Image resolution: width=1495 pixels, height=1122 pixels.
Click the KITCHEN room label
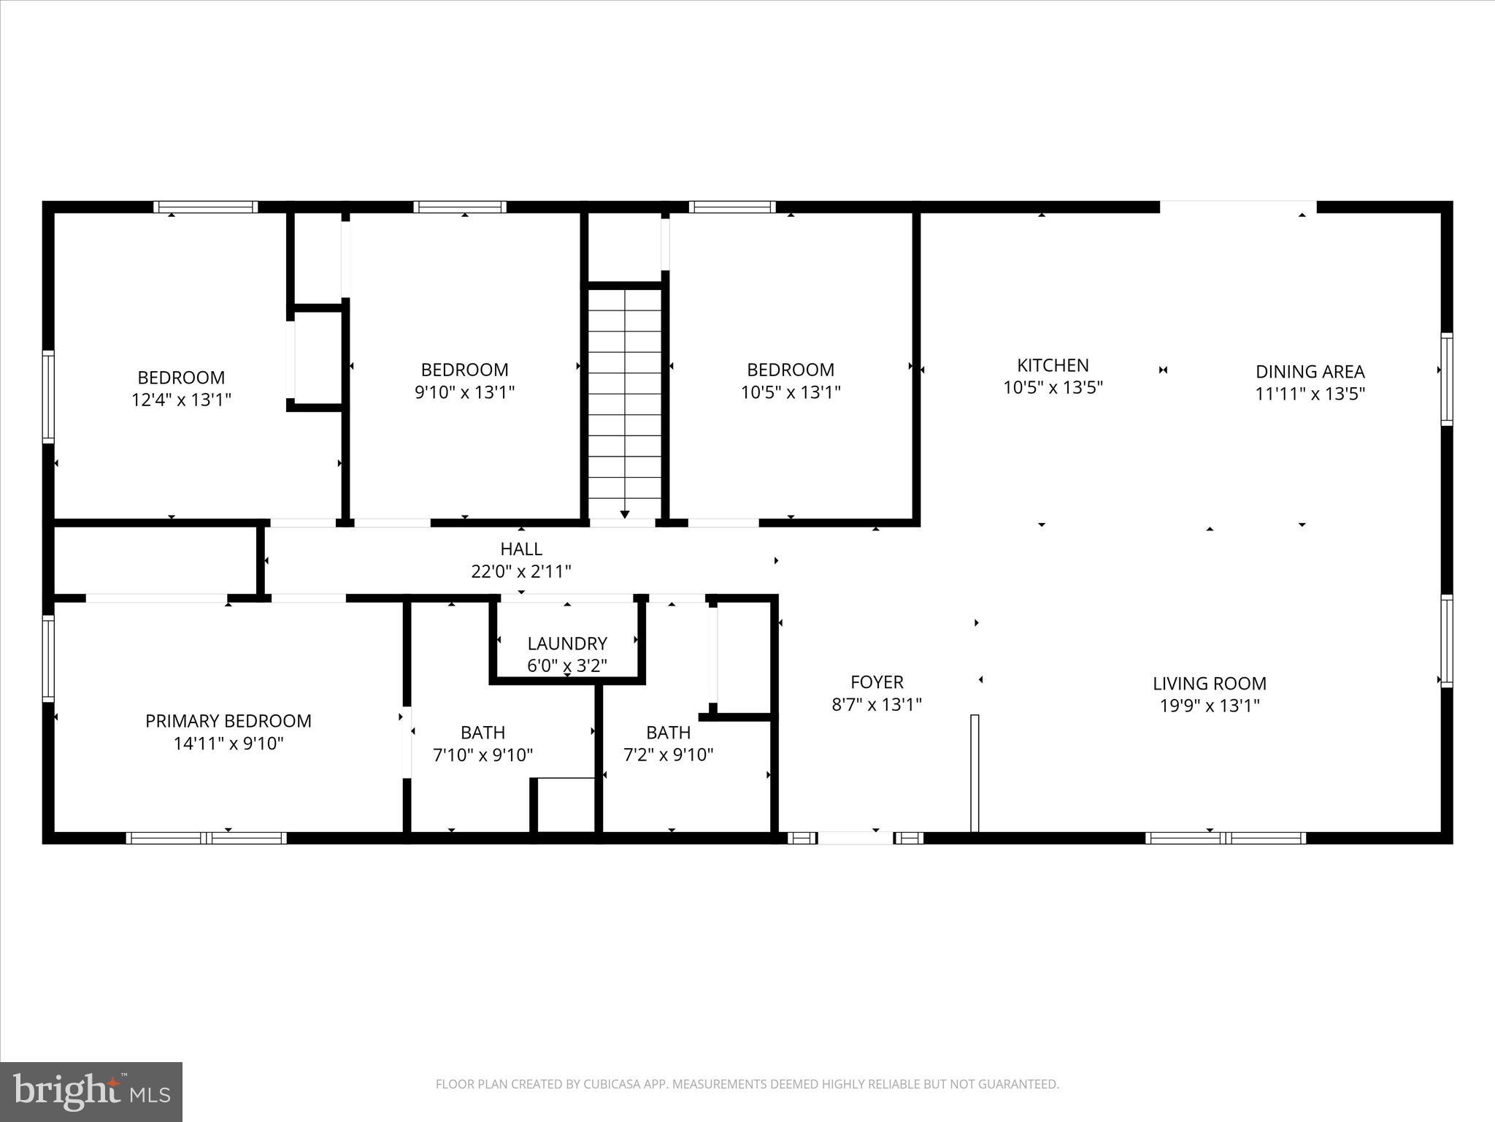point(1053,365)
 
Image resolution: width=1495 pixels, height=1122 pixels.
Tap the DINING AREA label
point(1310,372)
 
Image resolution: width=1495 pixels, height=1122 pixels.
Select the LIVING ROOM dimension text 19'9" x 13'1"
point(1210,706)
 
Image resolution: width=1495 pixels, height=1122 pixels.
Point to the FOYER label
point(877,682)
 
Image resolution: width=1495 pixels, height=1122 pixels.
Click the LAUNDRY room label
point(567,644)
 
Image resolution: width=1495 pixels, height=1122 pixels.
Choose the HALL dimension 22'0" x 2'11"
point(521,571)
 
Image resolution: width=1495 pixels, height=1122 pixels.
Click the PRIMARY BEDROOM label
point(228,721)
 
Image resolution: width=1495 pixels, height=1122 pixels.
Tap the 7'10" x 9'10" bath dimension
point(483,755)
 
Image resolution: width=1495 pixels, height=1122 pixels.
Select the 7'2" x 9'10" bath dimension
point(668,755)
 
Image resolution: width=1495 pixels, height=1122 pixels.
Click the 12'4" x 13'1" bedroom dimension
point(181,400)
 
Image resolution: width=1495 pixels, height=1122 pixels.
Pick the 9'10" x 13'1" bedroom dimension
point(464,392)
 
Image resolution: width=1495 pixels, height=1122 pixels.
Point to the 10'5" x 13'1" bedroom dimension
point(791,392)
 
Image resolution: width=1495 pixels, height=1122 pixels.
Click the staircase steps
point(625,394)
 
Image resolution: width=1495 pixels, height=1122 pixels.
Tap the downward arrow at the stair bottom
point(625,514)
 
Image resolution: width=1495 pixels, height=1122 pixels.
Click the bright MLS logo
point(91,1091)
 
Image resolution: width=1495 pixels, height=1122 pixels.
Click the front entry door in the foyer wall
point(855,837)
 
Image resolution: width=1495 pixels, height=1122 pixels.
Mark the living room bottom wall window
point(1226,837)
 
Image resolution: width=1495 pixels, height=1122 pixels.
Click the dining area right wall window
point(1446,378)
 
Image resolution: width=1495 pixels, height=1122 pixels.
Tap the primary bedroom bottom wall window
point(206,837)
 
